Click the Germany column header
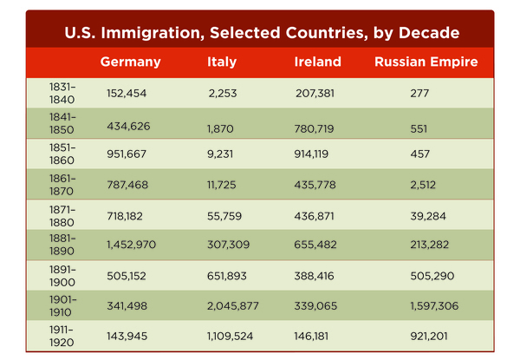click(130, 62)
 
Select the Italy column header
click(222, 62)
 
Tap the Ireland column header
click(317, 62)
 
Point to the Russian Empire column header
click(426, 62)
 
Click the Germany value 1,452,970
click(131, 245)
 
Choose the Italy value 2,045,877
click(233, 305)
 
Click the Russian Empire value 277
click(419, 93)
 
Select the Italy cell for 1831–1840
click(222, 93)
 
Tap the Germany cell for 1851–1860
click(127, 154)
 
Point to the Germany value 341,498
click(127, 305)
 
